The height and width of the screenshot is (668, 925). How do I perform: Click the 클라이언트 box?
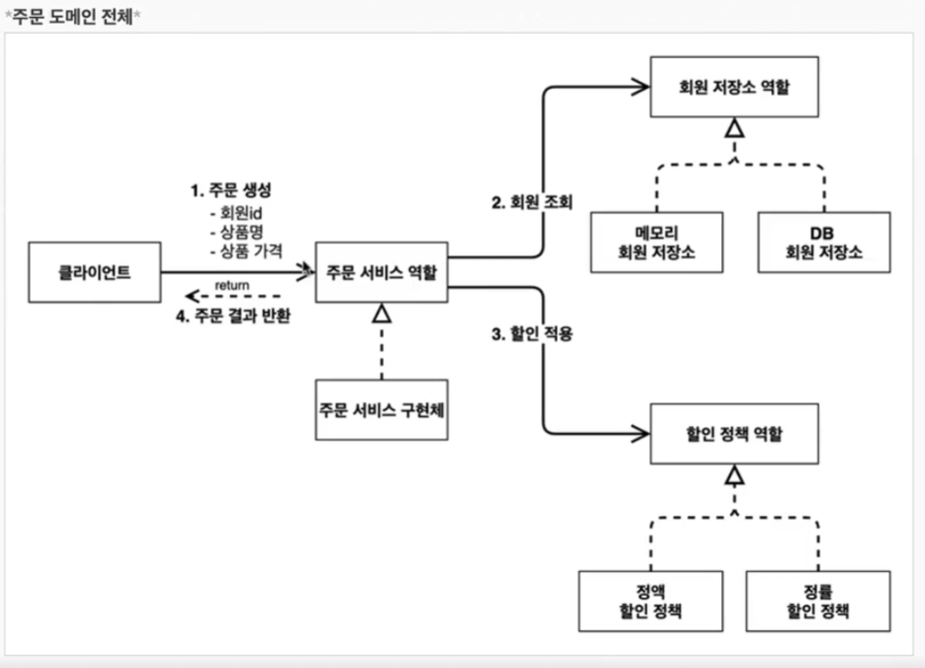[x=95, y=272]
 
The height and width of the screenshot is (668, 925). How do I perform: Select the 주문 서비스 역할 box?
[x=381, y=272]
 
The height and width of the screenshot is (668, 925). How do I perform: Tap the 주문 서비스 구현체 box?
[x=381, y=410]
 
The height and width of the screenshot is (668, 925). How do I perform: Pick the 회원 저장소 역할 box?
[x=734, y=86]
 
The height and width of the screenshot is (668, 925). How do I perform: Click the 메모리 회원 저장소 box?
[x=656, y=242]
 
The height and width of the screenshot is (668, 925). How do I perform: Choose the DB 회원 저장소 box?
[x=825, y=242]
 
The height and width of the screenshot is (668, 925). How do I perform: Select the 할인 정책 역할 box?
[x=734, y=434]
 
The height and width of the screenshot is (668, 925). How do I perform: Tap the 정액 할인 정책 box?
[x=651, y=601]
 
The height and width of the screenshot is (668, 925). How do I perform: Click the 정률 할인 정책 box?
[x=818, y=601]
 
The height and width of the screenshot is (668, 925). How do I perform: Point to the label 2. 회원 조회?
[x=532, y=202]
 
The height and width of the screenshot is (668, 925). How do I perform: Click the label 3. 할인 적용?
[x=532, y=334]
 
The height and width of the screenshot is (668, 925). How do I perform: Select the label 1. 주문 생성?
[x=231, y=190]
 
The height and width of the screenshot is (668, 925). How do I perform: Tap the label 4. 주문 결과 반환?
[x=233, y=317]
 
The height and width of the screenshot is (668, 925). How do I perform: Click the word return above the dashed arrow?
[x=232, y=286]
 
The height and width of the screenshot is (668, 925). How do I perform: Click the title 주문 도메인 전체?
[x=72, y=16]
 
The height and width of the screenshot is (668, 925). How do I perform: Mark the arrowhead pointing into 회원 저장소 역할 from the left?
[x=640, y=86]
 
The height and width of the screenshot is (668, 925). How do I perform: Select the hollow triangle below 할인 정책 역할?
[x=734, y=474]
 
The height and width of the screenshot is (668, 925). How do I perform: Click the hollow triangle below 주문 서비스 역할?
[x=381, y=313]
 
